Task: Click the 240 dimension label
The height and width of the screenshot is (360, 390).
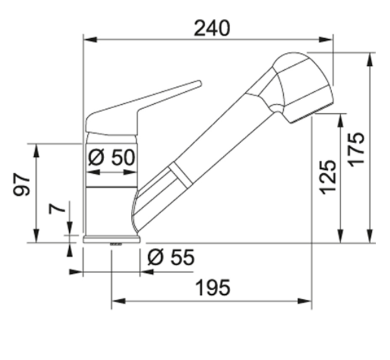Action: pyautogui.click(x=212, y=28)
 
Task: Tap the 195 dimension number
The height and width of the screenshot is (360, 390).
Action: pyautogui.click(x=213, y=288)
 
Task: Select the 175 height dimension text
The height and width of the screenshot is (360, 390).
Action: pyautogui.click(x=356, y=150)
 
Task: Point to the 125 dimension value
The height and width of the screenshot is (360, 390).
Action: pyautogui.click(x=328, y=177)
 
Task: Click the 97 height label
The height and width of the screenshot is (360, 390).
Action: pyautogui.click(x=21, y=185)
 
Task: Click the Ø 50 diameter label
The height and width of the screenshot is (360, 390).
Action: pyautogui.click(x=111, y=158)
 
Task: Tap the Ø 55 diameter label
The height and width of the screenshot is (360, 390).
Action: pyautogui.click(x=171, y=257)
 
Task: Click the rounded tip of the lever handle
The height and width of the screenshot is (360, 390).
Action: pyautogui.click(x=199, y=83)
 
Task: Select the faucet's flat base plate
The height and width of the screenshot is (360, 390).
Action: pyautogui.click(x=112, y=240)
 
